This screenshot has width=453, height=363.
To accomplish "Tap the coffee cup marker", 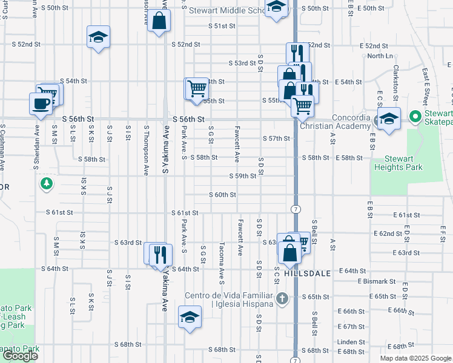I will point(41,103).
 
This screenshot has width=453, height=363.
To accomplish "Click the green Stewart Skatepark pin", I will point(415,116).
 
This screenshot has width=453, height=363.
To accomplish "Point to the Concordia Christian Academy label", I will point(342,122).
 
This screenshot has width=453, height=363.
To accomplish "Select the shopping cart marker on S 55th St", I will point(197,88).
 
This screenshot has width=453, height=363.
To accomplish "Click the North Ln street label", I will point(380,56).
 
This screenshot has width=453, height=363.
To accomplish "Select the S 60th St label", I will point(222,195).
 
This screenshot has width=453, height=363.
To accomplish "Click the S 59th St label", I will point(243,176).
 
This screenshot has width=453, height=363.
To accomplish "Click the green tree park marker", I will point(45,182).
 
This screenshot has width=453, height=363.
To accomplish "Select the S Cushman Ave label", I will point(2,147).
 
